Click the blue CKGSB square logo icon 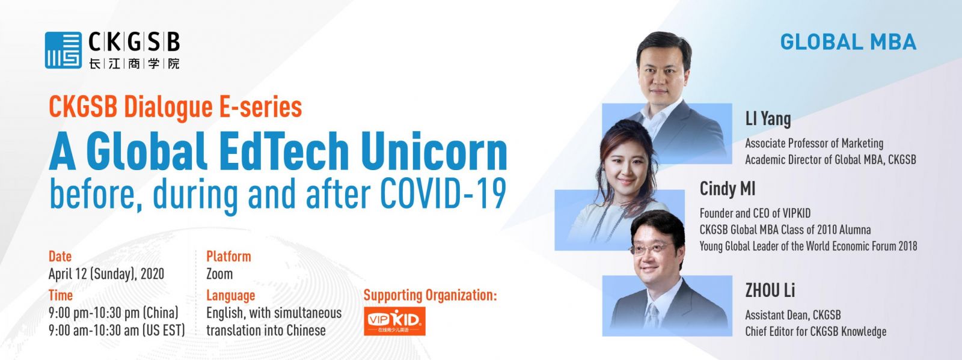click(63, 50)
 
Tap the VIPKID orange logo click(394, 321)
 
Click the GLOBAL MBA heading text click(848, 42)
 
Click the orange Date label click(60, 256)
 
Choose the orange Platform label click(228, 256)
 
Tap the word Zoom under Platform click(219, 273)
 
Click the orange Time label click(60, 295)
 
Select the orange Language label click(231, 296)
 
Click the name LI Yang click(768, 119)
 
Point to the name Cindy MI click(727, 189)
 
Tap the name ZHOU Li click(770, 290)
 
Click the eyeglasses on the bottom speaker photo click(651, 248)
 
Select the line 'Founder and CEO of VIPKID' click(755, 213)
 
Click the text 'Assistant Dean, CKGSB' click(793, 315)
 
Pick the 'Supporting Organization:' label click(430, 295)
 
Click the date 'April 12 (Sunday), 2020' click(106, 273)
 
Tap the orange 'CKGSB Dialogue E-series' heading click(175, 107)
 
